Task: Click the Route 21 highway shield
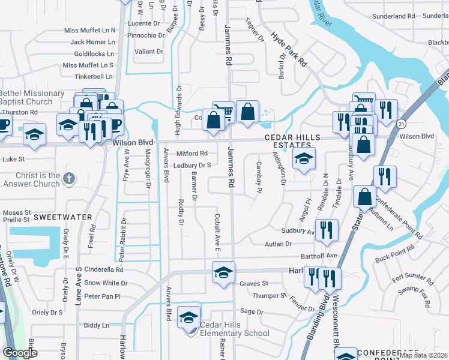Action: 400,123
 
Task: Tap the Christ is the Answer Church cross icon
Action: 69,178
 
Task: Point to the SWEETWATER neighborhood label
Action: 62,217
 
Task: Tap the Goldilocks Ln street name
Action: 92,53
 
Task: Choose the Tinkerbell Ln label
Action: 93,77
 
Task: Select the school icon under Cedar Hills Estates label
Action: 304,160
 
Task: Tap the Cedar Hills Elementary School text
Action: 235,329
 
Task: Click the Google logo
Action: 20,353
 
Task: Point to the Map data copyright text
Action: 424,355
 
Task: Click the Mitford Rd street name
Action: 191,154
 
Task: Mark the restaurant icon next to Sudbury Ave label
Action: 327,230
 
